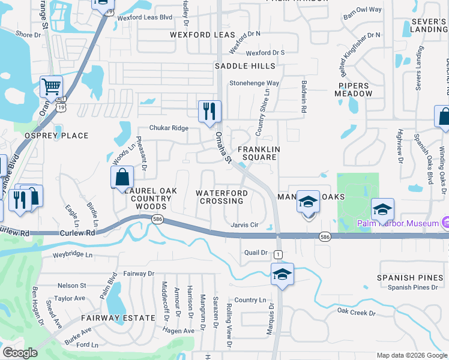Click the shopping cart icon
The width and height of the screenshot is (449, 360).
[52, 87]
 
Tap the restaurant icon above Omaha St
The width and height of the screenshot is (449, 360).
[209, 111]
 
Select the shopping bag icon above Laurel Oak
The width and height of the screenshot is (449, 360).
[122, 177]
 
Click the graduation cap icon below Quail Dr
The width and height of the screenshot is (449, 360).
[282, 274]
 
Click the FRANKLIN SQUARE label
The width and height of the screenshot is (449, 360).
[258, 153]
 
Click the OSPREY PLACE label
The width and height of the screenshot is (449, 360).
[56, 136]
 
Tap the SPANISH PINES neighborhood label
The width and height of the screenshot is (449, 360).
[405, 278]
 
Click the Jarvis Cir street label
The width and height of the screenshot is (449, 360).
[244, 225]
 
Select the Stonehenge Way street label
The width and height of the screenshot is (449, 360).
[255, 83]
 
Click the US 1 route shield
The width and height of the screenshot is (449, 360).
[278, 254]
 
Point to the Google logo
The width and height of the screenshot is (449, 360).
[20, 352]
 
